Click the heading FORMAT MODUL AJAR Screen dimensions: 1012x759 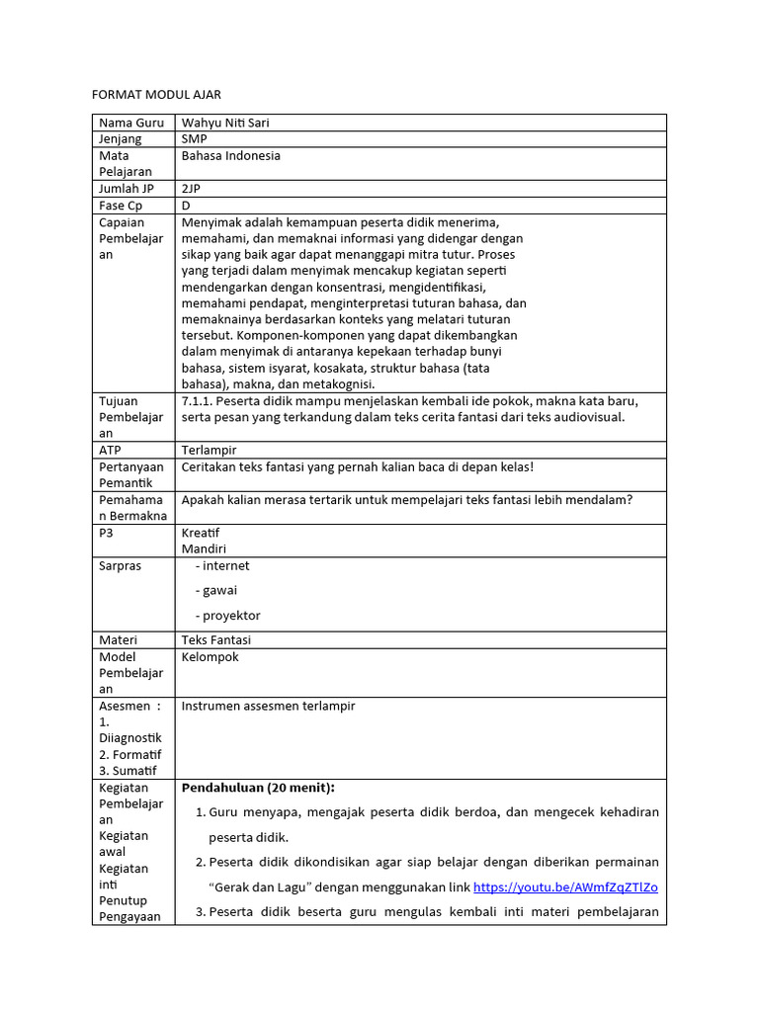coord(156,95)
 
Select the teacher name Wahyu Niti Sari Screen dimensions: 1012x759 coord(225,124)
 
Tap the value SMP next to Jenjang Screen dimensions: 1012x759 coord(195,139)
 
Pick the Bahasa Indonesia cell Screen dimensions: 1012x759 coord(231,156)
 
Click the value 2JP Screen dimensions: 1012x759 coord(192,189)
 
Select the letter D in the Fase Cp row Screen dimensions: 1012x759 coord(186,206)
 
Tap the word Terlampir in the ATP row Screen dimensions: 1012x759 coord(209,450)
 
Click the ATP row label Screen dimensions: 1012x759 coord(111,450)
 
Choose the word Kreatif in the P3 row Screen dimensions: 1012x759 coord(201,533)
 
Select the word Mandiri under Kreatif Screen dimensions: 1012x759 coord(204,548)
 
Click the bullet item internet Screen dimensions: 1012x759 coord(226,566)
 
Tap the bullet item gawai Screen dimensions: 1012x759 coord(220,591)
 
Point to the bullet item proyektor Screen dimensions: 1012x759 coord(231,616)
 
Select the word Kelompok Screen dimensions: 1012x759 coord(211,657)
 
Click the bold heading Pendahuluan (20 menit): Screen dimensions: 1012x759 coord(258,788)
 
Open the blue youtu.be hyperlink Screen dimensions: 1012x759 coord(565,886)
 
